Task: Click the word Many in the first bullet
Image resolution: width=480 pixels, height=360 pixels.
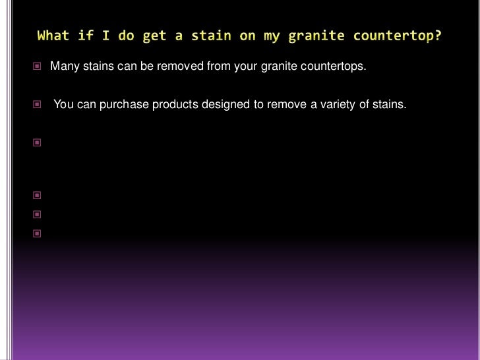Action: coord(64,67)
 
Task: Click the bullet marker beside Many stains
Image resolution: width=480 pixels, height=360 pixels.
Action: coord(37,67)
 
